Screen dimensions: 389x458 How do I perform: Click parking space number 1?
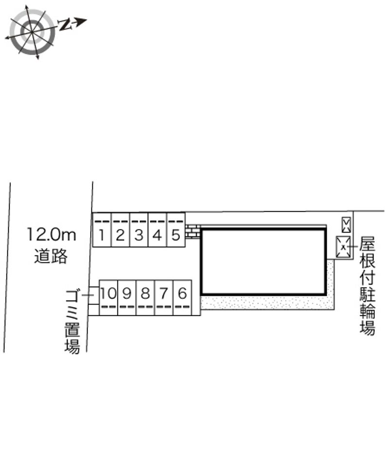click(x=102, y=230)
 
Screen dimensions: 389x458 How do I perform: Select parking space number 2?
click(x=120, y=230)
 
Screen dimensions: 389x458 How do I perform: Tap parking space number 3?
click(x=139, y=230)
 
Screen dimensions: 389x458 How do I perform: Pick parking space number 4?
click(x=157, y=230)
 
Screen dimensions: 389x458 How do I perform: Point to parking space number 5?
click(x=176, y=230)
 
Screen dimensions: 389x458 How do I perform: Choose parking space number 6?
click(x=182, y=298)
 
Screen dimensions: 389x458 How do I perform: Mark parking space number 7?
click(x=164, y=298)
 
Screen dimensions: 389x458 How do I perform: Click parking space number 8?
click(x=145, y=298)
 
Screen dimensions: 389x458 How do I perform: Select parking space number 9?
click(x=126, y=298)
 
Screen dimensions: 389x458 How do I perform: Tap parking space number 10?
click(x=108, y=298)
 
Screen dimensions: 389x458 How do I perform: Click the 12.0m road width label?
click(x=52, y=235)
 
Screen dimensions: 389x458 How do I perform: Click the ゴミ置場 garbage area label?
click(x=72, y=322)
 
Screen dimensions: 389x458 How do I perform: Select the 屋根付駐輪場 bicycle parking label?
click(x=367, y=286)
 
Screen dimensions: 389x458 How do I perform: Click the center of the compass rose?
click(x=32, y=31)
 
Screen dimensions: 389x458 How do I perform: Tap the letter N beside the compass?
click(x=65, y=25)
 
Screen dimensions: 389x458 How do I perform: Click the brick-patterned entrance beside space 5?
click(x=193, y=232)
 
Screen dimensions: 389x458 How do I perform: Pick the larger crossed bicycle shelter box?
click(x=343, y=247)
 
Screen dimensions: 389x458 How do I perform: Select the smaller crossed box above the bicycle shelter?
click(x=346, y=225)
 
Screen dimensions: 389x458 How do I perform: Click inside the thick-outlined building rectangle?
click(x=263, y=262)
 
